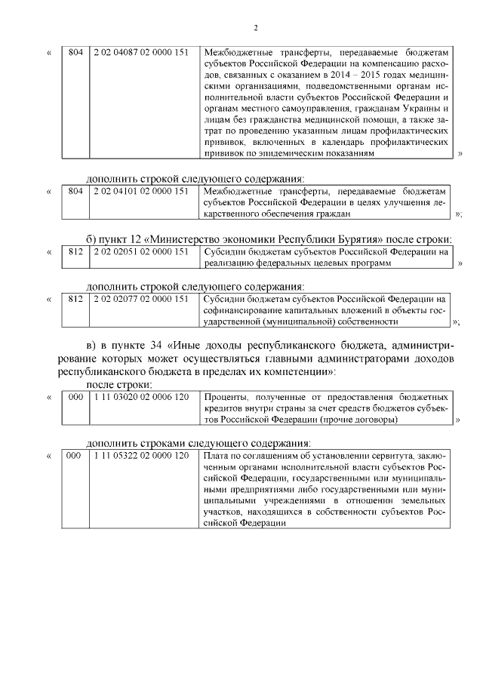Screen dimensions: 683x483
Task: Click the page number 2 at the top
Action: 255,29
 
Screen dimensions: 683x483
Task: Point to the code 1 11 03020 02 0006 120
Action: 141,396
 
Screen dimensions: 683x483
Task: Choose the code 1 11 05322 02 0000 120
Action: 141,456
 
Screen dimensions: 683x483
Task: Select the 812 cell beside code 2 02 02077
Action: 75,299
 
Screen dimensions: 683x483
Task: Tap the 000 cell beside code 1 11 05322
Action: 74,456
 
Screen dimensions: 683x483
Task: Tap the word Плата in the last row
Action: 217,456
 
